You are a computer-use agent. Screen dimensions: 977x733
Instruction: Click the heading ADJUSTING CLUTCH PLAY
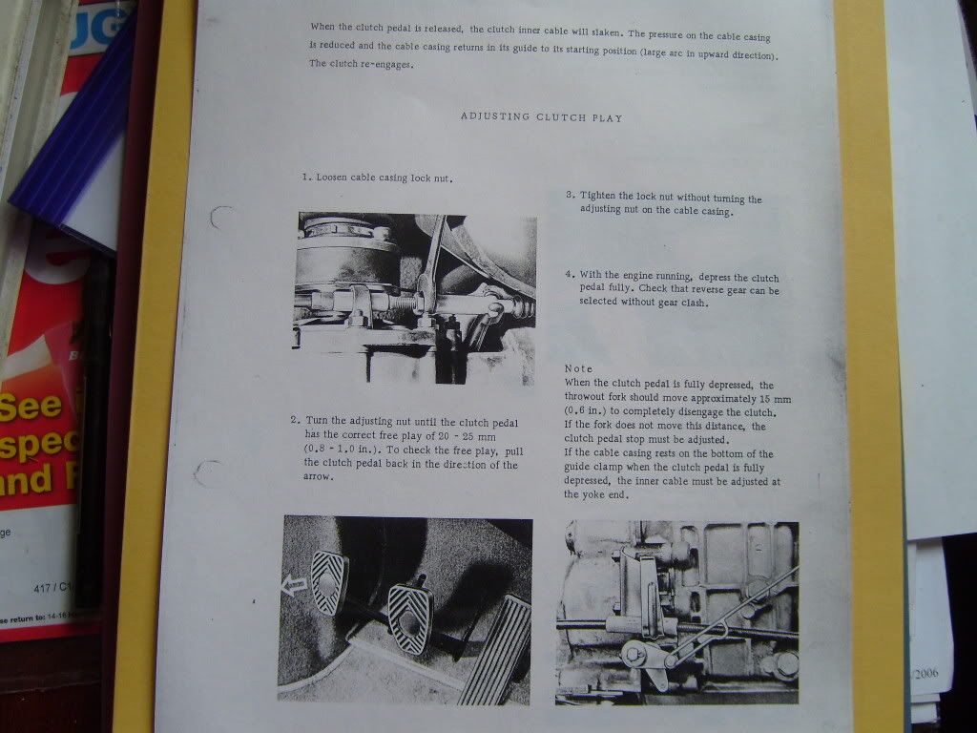click(x=542, y=117)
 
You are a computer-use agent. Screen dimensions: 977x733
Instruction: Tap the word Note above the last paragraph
click(x=578, y=369)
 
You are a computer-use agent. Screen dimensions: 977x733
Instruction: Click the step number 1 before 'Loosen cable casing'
click(x=305, y=177)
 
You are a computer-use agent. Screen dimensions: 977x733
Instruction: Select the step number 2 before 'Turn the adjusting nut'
click(x=294, y=421)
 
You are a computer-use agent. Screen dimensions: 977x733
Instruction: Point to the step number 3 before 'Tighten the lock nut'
click(x=570, y=195)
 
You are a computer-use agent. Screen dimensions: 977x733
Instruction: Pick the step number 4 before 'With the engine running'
click(x=570, y=274)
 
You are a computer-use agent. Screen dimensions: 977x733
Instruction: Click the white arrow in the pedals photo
click(x=294, y=585)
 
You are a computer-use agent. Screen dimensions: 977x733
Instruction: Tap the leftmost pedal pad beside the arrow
click(x=329, y=582)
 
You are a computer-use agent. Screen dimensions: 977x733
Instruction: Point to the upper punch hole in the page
click(x=221, y=218)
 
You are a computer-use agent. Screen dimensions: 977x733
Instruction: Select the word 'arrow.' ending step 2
click(x=319, y=477)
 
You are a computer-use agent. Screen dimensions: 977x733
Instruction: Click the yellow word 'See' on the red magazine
click(x=31, y=407)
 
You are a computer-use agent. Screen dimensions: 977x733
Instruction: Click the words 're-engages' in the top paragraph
click(x=385, y=64)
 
